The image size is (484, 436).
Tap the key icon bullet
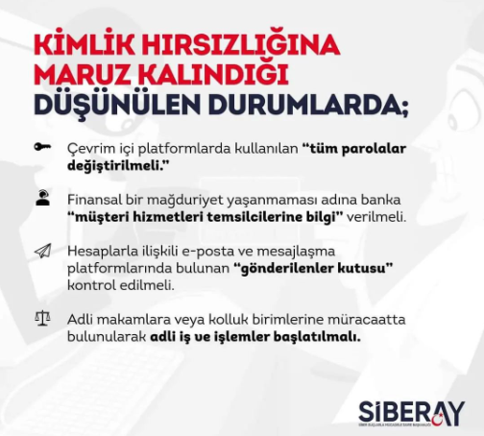[42, 147]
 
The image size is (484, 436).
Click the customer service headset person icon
[42, 198]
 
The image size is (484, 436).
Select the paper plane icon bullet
[43, 251]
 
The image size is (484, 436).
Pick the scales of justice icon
[42, 319]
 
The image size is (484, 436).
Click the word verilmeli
[376, 217]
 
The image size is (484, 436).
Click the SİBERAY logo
[411, 414]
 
